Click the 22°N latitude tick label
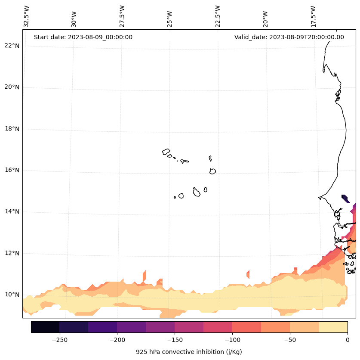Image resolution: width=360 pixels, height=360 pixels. pos(12,46)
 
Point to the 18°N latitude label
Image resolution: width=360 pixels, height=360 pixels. pos(12,129)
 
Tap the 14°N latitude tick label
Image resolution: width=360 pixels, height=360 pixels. pos(12,211)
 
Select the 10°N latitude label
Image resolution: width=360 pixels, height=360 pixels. pos(12,295)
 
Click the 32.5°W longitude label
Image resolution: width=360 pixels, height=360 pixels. pos(27,16)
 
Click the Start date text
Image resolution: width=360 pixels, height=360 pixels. pos(83,37)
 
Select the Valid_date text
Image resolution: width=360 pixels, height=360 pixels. pos(289,37)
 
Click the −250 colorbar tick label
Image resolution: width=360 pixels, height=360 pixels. pos(59,340)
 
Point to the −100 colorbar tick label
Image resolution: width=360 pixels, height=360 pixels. pos(232,340)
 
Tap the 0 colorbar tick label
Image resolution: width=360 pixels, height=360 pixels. pos(348,340)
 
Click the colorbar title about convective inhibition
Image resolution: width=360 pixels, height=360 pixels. pos(189,352)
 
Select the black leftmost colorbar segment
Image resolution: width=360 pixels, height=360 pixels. pos(45,327)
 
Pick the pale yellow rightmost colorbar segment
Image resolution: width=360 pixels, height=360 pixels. pos(333,327)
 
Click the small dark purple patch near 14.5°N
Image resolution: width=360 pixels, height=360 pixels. pos(345,198)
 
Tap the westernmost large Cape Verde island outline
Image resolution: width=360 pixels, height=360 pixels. pos(166,152)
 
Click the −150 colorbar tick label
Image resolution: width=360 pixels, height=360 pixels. pos(175,340)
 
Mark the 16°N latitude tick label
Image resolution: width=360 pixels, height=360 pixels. pos(12,170)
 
